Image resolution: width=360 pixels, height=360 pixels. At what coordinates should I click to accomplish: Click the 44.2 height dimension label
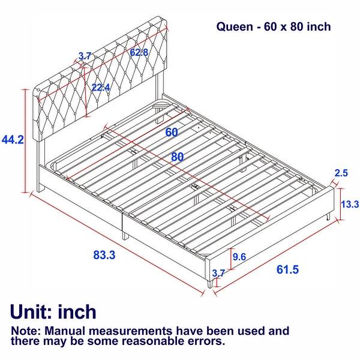click(13, 140)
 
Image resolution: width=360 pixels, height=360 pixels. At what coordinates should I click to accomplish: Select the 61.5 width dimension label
click(287, 269)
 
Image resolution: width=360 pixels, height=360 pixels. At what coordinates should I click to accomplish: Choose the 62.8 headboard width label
click(139, 53)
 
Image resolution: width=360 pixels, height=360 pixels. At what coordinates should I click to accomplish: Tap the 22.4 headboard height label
click(100, 88)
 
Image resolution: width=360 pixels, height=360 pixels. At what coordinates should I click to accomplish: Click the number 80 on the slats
click(176, 157)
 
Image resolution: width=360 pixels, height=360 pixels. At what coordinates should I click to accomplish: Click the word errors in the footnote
click(204, 341)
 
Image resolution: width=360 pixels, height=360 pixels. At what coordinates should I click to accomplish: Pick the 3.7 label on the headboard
click(85, 56)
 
